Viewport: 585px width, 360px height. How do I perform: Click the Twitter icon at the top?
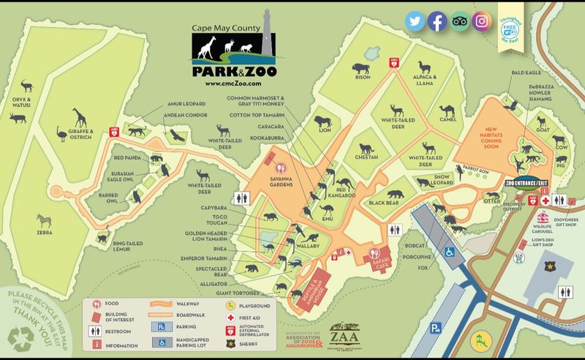[416, 21]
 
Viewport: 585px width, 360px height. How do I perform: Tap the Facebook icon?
[437, 21]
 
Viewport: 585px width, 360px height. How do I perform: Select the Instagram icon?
[480, 21]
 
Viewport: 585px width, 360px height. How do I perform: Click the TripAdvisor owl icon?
[459, 21]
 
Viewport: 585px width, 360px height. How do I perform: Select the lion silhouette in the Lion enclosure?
[322, 121]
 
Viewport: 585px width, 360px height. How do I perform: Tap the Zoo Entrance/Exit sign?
[526, 181]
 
